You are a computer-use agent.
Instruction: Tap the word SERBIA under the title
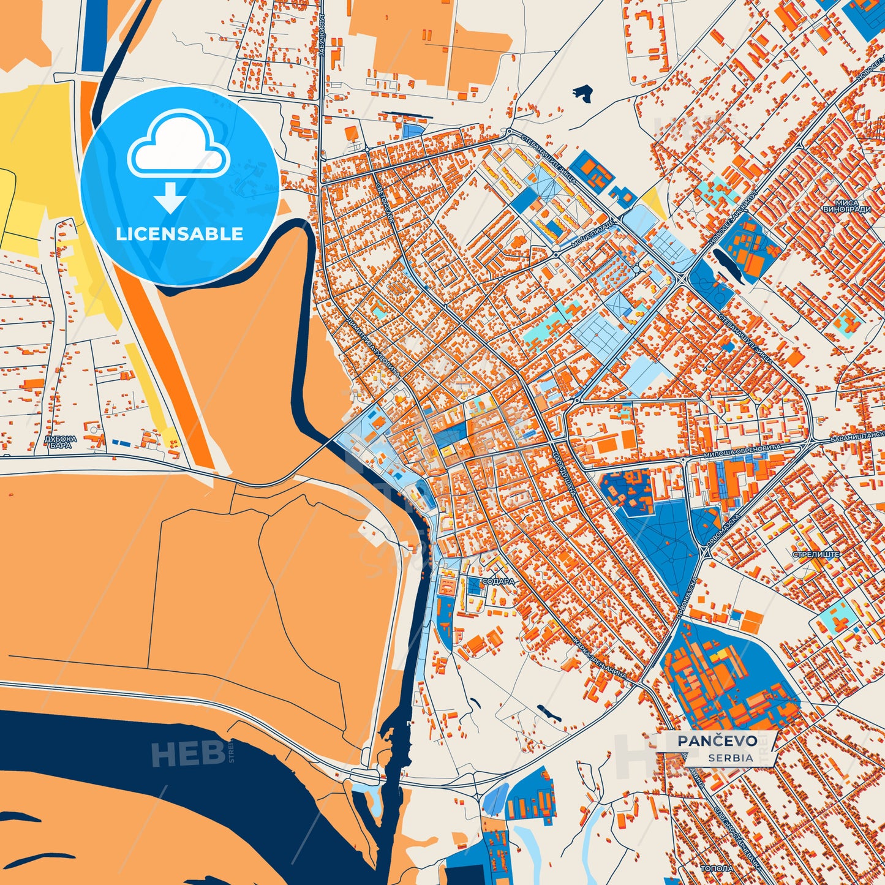pyautogui.click(x=731, y=758)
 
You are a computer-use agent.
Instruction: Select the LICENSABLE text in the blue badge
pyautogui.click(x=179, y=234)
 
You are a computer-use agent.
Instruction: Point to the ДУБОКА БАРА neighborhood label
pyautogui.click(x=61, y=442)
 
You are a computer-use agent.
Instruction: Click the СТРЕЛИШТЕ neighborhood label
pyautogui.click(x=816, y=554)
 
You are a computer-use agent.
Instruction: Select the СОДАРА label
pyautogui.click(x=498, y=581)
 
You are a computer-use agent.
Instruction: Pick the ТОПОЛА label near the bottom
pyautogui.click(x=717, y=868)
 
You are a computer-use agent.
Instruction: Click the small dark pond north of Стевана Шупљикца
pyautogui.click(x=583, y=93)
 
